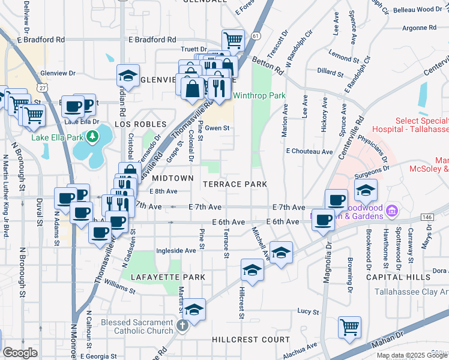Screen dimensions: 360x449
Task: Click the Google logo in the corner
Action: [20, 353]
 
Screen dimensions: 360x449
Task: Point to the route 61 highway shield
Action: [256, 37]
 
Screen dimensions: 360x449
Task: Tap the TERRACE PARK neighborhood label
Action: [234, 184]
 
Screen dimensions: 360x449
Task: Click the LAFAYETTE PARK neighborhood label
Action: [163, 277]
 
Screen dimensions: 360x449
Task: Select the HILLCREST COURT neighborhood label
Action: [251, 340]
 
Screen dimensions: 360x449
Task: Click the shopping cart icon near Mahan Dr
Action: [349, 328]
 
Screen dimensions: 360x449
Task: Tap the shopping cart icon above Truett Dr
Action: [233, 40]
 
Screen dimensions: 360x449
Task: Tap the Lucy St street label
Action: [307, 312]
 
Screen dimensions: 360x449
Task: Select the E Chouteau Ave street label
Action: [309, 152]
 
